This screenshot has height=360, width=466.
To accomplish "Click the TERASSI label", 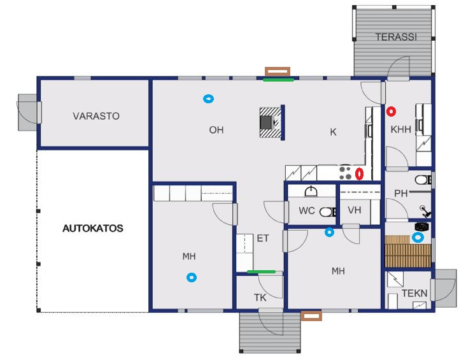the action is click(396, 37).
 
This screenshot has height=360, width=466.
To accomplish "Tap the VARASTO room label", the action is click(96, 116).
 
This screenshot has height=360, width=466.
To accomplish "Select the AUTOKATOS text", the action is click(93, 228).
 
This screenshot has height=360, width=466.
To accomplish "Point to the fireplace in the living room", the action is click(270, 122).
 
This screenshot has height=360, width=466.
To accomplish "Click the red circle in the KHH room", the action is click(391, 112).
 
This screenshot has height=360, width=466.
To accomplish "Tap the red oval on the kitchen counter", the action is click(359, 174).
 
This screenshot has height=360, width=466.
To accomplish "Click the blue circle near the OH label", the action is click(208, 99).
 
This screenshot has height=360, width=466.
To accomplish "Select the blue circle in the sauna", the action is click(418, 238).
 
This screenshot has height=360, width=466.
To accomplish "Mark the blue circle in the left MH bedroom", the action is click(192, 278).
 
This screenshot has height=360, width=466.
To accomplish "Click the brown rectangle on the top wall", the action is click(278, 71).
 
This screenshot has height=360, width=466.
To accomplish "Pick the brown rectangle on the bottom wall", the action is click(311, 315).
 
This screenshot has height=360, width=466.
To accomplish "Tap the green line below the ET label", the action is click(261, 271).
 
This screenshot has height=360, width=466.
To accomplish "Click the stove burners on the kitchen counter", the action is click(345, 173).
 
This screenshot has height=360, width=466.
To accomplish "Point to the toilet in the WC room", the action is click(328, 212).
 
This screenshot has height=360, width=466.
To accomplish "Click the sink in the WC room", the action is click(311, 192).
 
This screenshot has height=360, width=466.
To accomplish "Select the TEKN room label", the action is click(414, 293).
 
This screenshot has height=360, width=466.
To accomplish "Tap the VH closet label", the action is click(355, 210).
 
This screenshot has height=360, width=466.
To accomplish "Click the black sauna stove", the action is click(422, 227).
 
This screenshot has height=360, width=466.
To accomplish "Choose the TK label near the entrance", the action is click(260, 298).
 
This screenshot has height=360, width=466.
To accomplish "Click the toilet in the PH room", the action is click(423, 180).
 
